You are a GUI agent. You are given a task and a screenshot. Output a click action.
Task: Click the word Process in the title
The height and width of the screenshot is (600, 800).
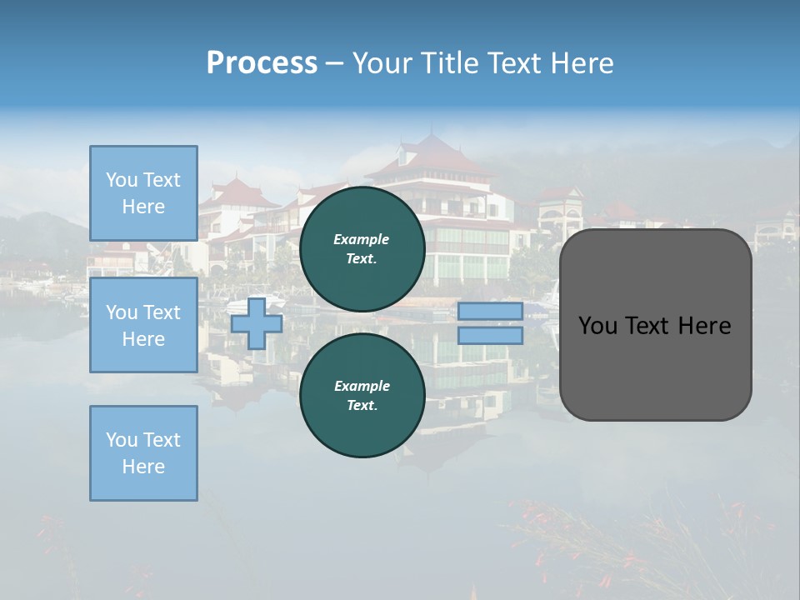(x=262, y=63)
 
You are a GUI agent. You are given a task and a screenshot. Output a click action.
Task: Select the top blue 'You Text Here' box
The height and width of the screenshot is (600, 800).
(x=143, y=193)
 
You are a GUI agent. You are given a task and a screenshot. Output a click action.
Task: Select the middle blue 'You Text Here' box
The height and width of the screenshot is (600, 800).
(x=143, y=325)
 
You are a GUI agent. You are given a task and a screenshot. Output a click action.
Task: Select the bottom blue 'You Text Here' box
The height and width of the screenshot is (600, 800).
(x=143, y=452)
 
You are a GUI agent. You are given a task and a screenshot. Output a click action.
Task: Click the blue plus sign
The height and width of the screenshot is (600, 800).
(x=257, y=324)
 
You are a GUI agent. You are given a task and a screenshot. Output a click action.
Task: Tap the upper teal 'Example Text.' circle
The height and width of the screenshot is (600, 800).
(x=362, y=248)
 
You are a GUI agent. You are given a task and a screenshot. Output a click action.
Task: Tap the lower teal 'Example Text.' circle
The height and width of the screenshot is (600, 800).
(x=362, y=395)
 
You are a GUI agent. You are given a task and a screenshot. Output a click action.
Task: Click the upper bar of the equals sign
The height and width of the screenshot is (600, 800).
(x=490, y=312)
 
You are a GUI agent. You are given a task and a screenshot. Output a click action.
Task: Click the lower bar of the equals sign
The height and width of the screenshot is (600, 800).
(x=490, y=336)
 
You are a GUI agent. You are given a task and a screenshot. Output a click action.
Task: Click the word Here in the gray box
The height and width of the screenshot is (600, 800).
(x=704, y=326)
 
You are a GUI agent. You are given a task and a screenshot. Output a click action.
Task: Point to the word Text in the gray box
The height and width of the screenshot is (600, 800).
(x=647, y=326)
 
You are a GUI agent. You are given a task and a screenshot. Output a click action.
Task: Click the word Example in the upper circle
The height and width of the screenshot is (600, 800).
(x=362, y=239)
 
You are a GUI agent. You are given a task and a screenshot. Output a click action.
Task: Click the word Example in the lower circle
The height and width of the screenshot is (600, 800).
(x=362, y=386)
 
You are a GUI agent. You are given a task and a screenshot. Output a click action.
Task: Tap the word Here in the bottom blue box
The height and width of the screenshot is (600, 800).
(x=143, y=467)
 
